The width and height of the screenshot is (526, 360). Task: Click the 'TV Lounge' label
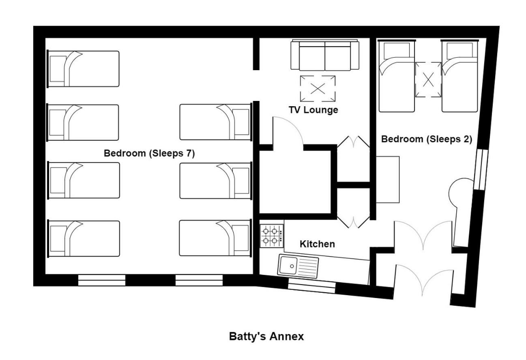[x=313, y=110]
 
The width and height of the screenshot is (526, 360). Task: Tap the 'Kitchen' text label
[x=317, y=244]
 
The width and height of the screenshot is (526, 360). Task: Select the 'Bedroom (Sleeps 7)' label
[x=149, y=153]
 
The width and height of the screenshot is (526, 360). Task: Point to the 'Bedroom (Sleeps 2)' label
[x=426, y=139]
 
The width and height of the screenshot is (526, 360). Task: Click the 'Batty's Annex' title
[x=266, y=336]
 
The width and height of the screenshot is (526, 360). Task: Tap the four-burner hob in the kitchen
[x=272, y=236]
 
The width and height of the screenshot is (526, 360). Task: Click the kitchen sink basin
[x=288, y=265]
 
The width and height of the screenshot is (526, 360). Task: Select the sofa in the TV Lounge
[x=325, y=55]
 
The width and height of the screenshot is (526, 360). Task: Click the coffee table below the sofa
[x=318, y=88]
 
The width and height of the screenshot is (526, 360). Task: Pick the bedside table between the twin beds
[x=428, y=79]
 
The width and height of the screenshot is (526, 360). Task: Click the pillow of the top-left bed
[x=58, y=69]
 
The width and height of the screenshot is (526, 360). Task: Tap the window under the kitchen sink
[x=311, y=288]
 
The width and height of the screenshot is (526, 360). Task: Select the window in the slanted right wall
[x=481, y=169]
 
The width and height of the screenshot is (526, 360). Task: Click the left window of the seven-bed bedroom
[x=102, y=280]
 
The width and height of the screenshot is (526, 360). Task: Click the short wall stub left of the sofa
[x=256, y=54]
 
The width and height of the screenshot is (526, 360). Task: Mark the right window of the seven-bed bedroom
[x=199, y=280]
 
